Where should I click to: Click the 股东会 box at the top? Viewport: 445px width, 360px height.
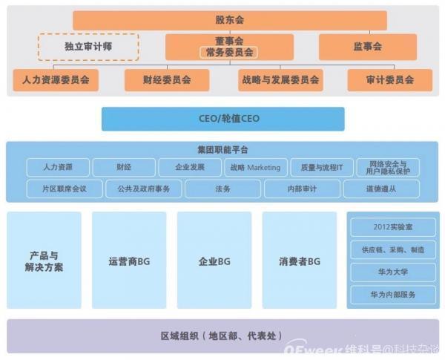tap(230, 20)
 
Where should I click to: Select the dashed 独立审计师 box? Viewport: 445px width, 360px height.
tap(88, 47)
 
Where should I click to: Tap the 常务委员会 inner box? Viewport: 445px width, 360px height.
tap(228, 53)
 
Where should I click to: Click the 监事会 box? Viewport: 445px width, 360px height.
tap(368, 47)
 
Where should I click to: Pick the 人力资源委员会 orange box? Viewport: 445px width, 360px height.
tap(56, 80)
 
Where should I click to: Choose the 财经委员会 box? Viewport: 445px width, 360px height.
tap(167, 80)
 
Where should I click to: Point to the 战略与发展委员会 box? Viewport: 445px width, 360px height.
tap(280, 80)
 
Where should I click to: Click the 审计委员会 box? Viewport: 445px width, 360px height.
tap(390, 80)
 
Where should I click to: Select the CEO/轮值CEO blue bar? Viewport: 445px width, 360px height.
tap(223, 119)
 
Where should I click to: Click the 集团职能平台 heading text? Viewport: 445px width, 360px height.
tap(222, 150)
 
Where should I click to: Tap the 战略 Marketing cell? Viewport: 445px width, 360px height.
tap(256, 167)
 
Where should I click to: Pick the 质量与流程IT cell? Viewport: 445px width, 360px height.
tap(322, 167)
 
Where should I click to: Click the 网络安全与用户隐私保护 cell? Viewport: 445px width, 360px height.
tap(388, 167)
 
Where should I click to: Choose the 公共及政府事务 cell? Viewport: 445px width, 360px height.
tap(144, 189)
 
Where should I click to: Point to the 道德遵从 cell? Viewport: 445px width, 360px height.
tap(381, 189)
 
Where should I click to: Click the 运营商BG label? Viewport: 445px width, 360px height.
tap(129, 261)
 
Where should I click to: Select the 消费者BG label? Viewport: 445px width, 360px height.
tap(300, 261)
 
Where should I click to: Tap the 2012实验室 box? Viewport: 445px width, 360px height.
tap(393, 227)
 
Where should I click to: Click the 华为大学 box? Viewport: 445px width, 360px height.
tap(393, 272)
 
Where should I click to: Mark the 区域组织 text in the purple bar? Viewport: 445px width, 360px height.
tap(180, 336)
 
